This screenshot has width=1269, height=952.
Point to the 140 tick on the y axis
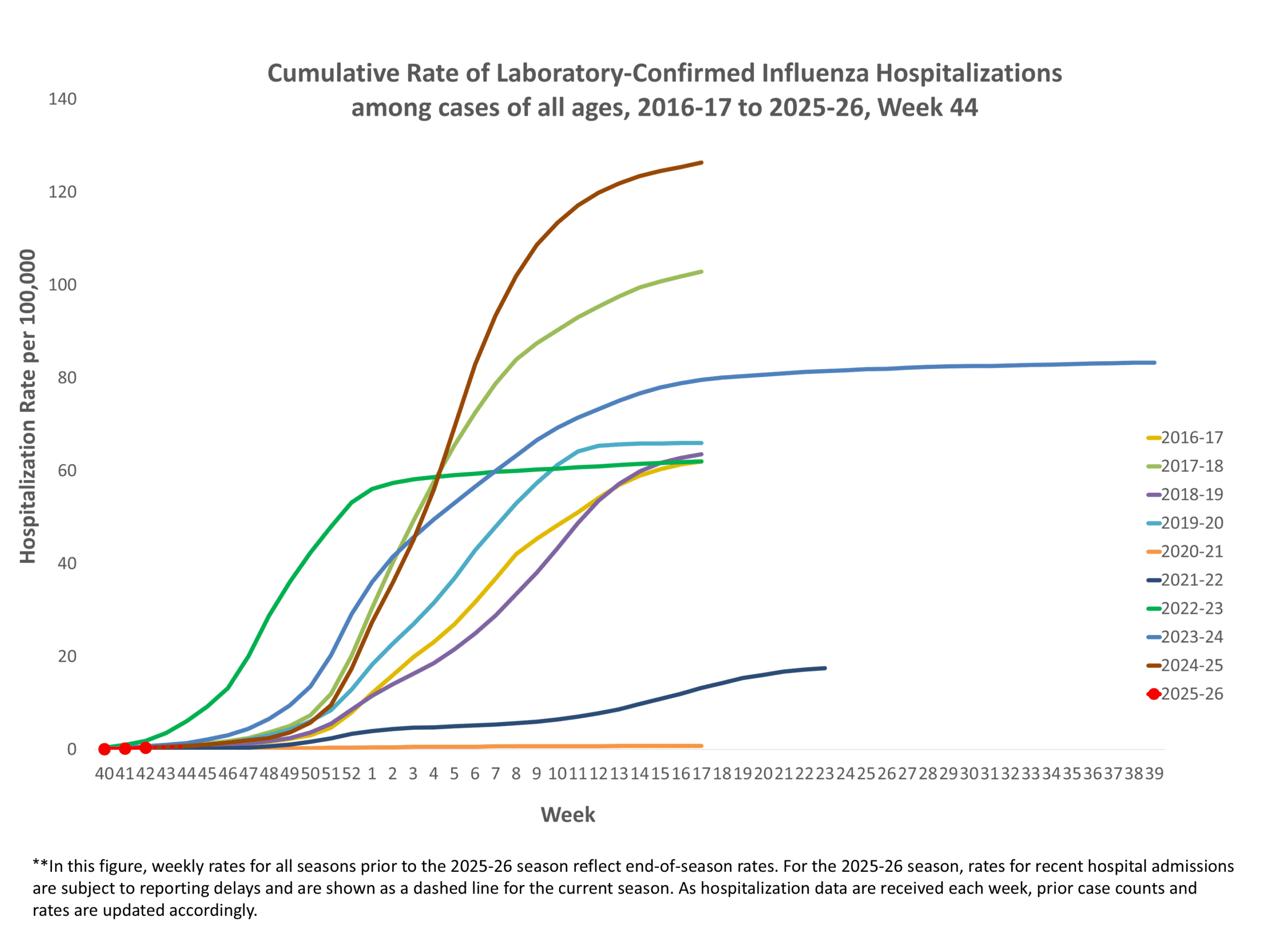click(62, 99)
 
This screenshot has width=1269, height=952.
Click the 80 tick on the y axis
click(66, 378)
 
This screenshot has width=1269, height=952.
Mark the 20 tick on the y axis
click(66, 656)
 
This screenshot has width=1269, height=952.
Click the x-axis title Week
click(568, 815)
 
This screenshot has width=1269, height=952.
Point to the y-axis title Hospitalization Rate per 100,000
click(28, 406)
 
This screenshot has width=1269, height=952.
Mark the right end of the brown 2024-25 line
click(701, 163)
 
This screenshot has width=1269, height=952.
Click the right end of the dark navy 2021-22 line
click(825, 668)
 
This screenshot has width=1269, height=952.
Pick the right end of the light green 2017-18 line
click(701, 272)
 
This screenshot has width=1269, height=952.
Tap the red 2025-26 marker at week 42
click(146, 748)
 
